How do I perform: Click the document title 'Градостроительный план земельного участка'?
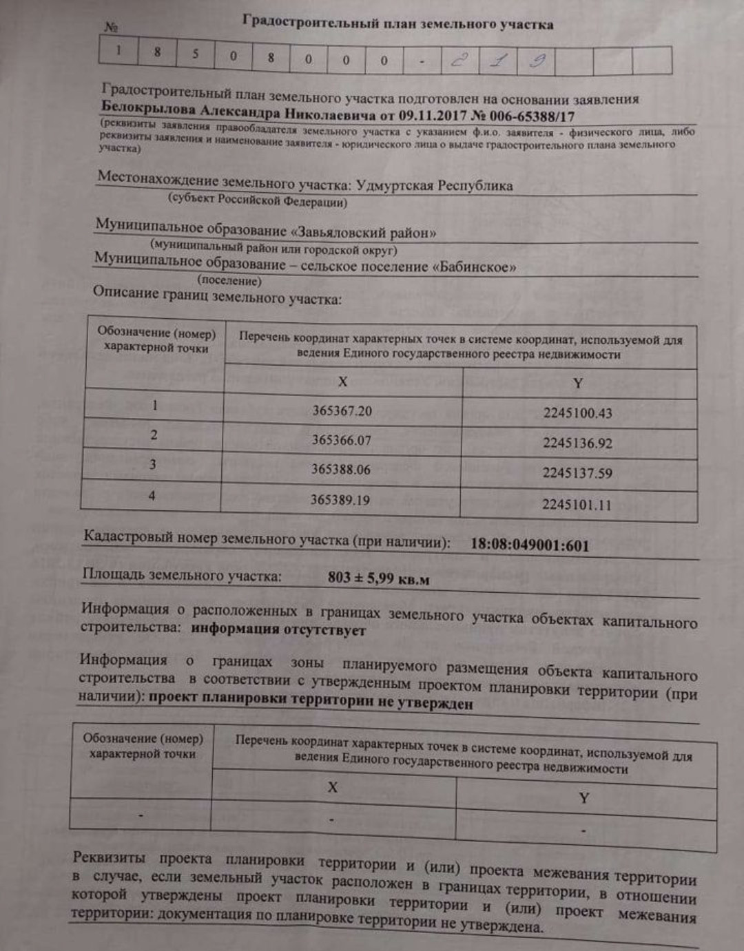[x=397, y=23]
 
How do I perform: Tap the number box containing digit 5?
[x=195, y=54]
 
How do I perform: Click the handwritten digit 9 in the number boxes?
[x=537, y=61]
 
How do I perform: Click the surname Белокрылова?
[x=149, y=108]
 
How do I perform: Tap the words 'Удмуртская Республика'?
[x=434, y=185]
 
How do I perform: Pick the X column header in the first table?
[x=342, y=382]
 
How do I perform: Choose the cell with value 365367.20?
[x=342, y=411]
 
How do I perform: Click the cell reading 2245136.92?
[x=577, y=443]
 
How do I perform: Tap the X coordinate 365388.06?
[x=340, y=470]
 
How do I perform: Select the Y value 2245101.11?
[x=576, y=504]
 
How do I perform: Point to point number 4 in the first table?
[x=152, y=495]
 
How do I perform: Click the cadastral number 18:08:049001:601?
[x=529, y=545]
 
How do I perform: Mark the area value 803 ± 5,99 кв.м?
[x=378, y=578]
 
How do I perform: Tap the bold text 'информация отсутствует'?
[x=278, y=629]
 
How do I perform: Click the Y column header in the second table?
[x=583, y=797]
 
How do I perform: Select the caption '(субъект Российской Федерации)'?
[x=258, y=201]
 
